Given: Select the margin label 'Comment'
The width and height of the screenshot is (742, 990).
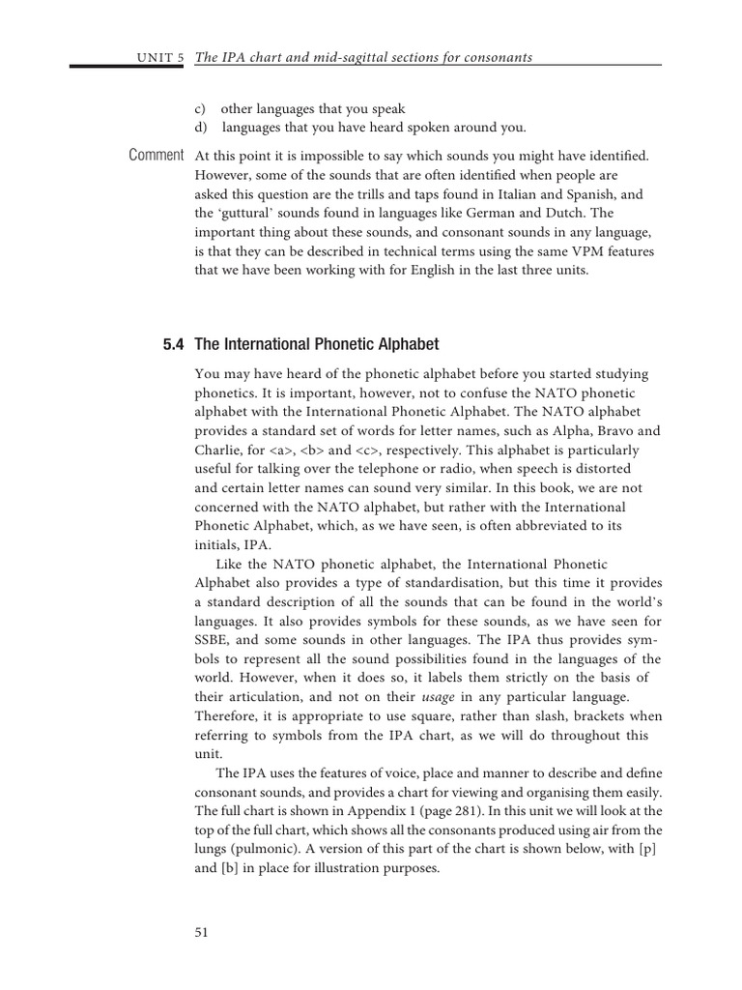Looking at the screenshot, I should pyautogui.click(x=156, y=155).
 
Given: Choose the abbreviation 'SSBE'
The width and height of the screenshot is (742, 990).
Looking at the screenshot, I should pyautogui.click(x=214, y=639).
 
